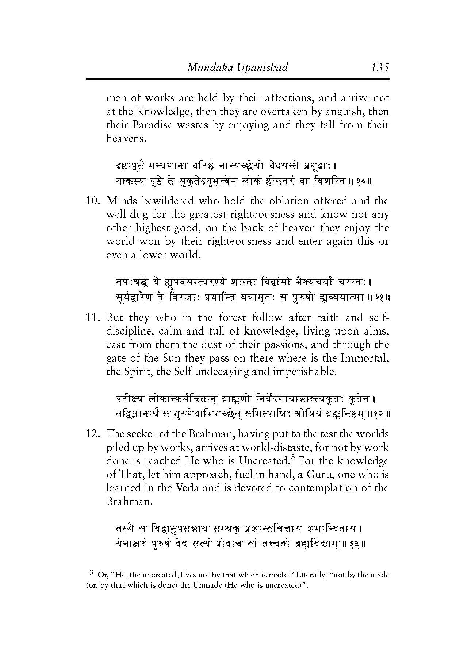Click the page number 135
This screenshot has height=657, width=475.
point(380,67)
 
